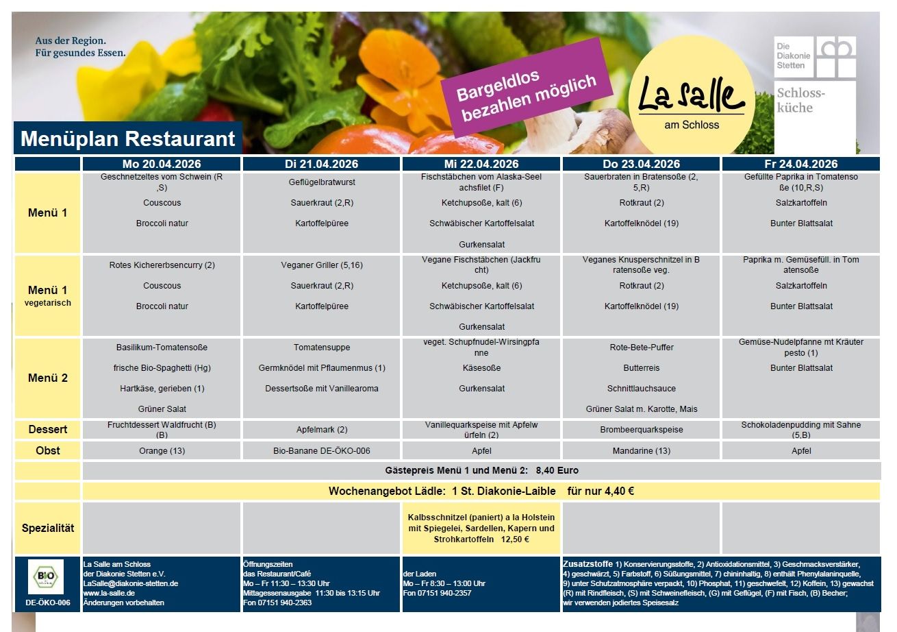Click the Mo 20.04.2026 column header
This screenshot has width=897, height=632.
[162, 164]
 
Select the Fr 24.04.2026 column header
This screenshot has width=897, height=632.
[800, 164]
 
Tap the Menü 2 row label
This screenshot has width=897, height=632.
[47, 378]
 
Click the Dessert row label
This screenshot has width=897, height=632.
[47, 430]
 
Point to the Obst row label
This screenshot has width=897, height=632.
[47, 450]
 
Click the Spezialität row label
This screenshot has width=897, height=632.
[47, 528]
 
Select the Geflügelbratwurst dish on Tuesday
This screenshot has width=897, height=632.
[322, 182]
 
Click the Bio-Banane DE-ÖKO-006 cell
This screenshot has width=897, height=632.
[322, 451]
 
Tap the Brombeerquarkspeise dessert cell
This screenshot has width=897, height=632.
[641, 430]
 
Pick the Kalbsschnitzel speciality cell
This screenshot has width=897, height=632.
[481, 528]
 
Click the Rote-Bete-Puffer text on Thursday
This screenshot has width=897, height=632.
[641, 348]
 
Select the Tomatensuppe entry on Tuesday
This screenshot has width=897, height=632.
[322, 348]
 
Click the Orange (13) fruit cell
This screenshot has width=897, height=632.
[162, 451]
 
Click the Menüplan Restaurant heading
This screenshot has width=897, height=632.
[128, 139]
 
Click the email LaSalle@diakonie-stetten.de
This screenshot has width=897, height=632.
[130, 583]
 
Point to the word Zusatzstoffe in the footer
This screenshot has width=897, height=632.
[588, 564]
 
